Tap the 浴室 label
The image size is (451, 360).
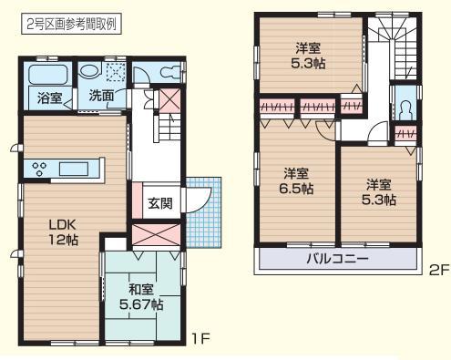tap(49, 98)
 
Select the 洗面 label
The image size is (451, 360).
tap(101, 95)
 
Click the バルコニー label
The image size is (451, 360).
tap(337, 259)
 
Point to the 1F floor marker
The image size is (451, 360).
tap(202, 338)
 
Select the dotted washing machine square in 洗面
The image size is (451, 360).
tap(116, 73)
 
